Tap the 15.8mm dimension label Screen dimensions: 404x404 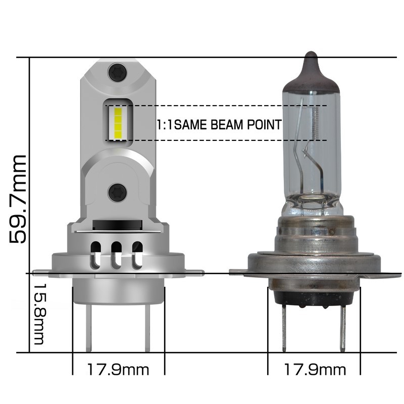pyautogui.click(x=39, y=313)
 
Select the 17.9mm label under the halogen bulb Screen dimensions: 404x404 pyautogui.click(x=314, y=370)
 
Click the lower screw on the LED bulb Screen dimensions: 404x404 pyautogui.click(x=118, y=191)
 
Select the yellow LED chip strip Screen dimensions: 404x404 pyautogui.click(x=118, y=123)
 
